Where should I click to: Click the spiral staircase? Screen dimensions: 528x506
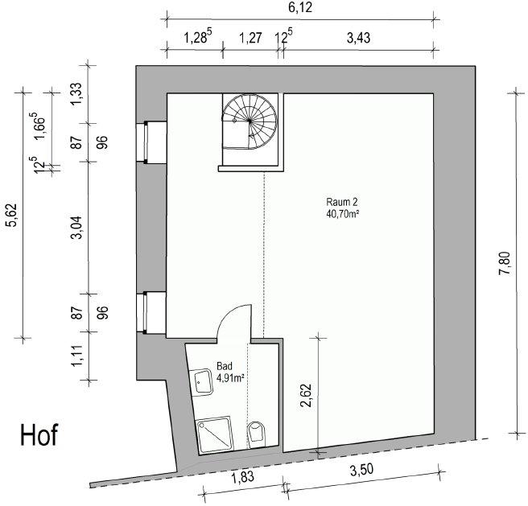250,121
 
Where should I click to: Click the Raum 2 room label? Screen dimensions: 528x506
342,202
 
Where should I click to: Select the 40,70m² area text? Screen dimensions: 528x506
342,213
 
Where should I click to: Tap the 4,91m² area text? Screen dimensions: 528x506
231,378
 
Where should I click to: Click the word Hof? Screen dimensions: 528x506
39,434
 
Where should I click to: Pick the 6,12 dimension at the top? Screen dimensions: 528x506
300,8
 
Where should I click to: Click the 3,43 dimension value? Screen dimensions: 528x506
359,38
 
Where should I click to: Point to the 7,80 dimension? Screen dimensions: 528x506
505,263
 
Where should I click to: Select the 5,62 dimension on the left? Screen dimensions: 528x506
12,216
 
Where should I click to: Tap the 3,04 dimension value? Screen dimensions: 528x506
77,228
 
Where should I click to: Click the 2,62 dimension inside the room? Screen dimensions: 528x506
307,396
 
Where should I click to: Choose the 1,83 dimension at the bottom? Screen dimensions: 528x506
243,477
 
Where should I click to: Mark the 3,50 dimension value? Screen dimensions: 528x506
362,470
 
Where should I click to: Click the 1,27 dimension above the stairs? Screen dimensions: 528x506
250,38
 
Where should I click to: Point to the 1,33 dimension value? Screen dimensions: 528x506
76,94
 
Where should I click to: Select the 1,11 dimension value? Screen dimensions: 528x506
76,356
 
